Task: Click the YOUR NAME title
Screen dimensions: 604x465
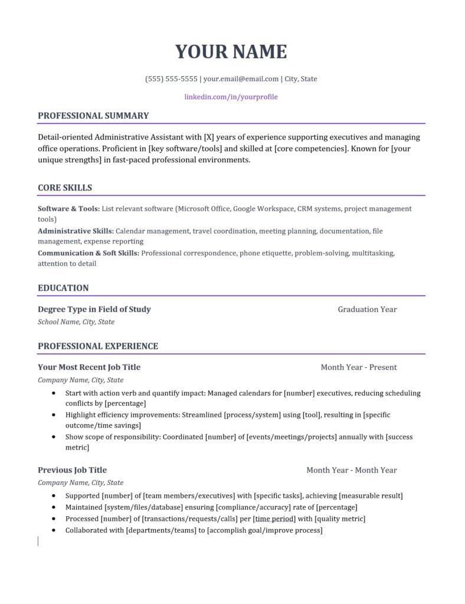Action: (x=231, y=52)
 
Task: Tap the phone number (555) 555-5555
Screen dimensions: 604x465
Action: (x=171, y=79)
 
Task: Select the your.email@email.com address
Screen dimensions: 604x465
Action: (x=241, y=79)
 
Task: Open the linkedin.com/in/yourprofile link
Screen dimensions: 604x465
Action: (x=231, y=97)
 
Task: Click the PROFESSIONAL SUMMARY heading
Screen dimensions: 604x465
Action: (x=93, y=116)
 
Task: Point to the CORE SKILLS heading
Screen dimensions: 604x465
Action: (x=65, y=188)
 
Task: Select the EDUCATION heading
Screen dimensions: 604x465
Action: (x=63, y=288)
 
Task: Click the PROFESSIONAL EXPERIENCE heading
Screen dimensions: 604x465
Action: (x=98, y=346)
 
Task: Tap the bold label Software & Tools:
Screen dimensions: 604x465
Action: (x=68, y=209)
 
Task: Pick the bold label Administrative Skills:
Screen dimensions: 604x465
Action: (x=76, y=231)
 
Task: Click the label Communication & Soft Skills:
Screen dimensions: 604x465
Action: (x=89, y=253)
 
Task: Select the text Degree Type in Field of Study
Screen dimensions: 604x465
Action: (x=94, y=309)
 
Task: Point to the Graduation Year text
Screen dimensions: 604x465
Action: (x=367, y=309)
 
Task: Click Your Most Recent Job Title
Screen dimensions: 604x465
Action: (x=89, y=367)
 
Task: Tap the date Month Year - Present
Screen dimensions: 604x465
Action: (x=359, y=367)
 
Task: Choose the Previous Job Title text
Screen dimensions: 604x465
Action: (x=72, y=470)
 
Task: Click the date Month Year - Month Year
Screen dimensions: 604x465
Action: (x=352, y=470)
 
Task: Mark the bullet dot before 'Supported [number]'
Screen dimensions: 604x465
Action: (x=54, y=496)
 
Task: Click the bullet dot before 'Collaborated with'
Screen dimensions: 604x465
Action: (x=54, y=530)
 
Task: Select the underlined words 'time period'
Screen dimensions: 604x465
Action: (x=274, y=519)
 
